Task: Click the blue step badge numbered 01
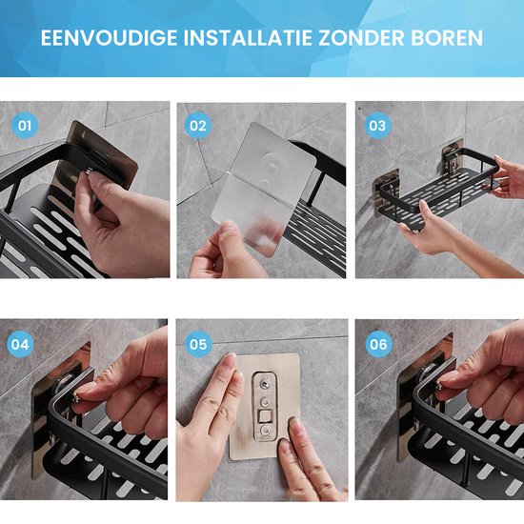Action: (x=26, y=125)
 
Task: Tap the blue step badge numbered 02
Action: (x=198, y=125)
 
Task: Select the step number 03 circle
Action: (x=378, y=125)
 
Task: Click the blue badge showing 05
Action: (x=198, y=343)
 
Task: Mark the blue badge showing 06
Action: (x=378, y=343)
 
